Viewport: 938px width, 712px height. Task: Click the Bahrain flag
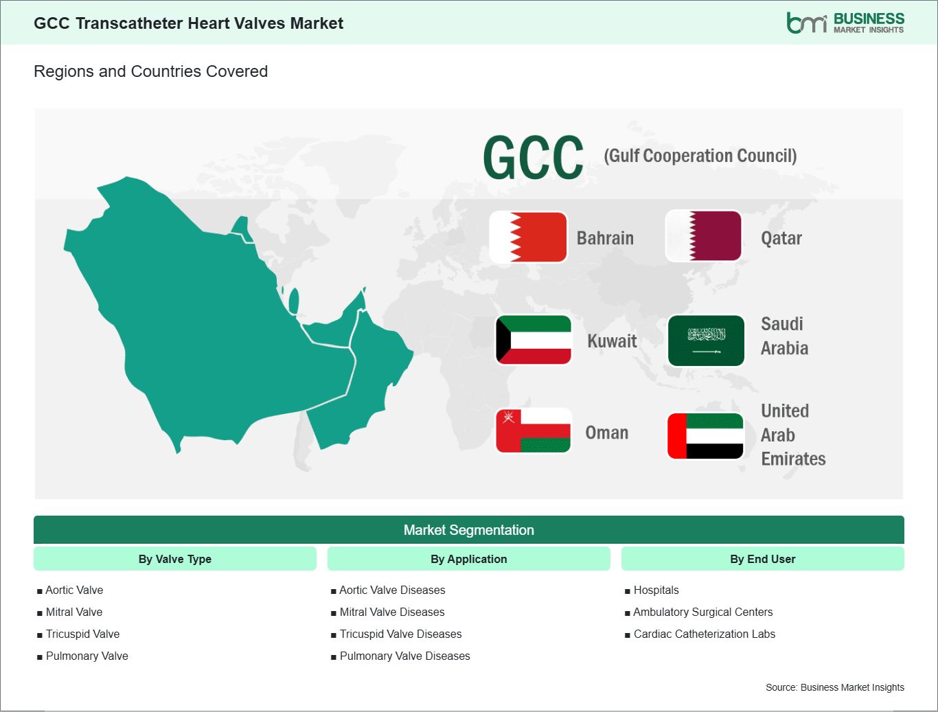coord(528,237)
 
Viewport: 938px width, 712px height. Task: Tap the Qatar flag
coord(703,236)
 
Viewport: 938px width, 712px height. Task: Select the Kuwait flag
coord(534,340)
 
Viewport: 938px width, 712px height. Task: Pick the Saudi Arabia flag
coord(706,341)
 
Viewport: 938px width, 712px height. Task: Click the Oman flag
coord(533,430)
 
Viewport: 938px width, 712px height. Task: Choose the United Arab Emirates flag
coord(705,436)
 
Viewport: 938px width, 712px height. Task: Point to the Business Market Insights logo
coord(845,23)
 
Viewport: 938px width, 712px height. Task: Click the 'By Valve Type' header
coord(175,559)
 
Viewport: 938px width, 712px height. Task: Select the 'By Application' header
coord(469,559)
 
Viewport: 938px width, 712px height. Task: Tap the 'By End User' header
coord(763,559)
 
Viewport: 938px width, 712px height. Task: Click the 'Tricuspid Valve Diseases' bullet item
coord(396,634)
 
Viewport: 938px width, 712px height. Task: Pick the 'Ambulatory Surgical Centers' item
coord(698,612)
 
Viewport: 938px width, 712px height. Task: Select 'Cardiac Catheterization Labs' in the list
coord(700,634)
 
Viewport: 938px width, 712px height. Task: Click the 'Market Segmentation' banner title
coord(469,530)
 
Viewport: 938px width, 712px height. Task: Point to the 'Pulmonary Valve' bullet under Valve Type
coord(82,656)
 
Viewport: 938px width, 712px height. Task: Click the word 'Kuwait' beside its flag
coord(612,341)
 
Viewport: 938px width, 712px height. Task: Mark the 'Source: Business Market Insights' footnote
coord(834,687)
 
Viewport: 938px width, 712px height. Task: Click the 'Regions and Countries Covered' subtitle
coord(151,71)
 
